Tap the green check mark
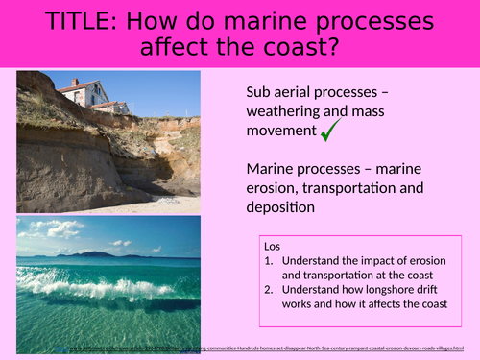331,131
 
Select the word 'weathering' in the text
280,110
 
